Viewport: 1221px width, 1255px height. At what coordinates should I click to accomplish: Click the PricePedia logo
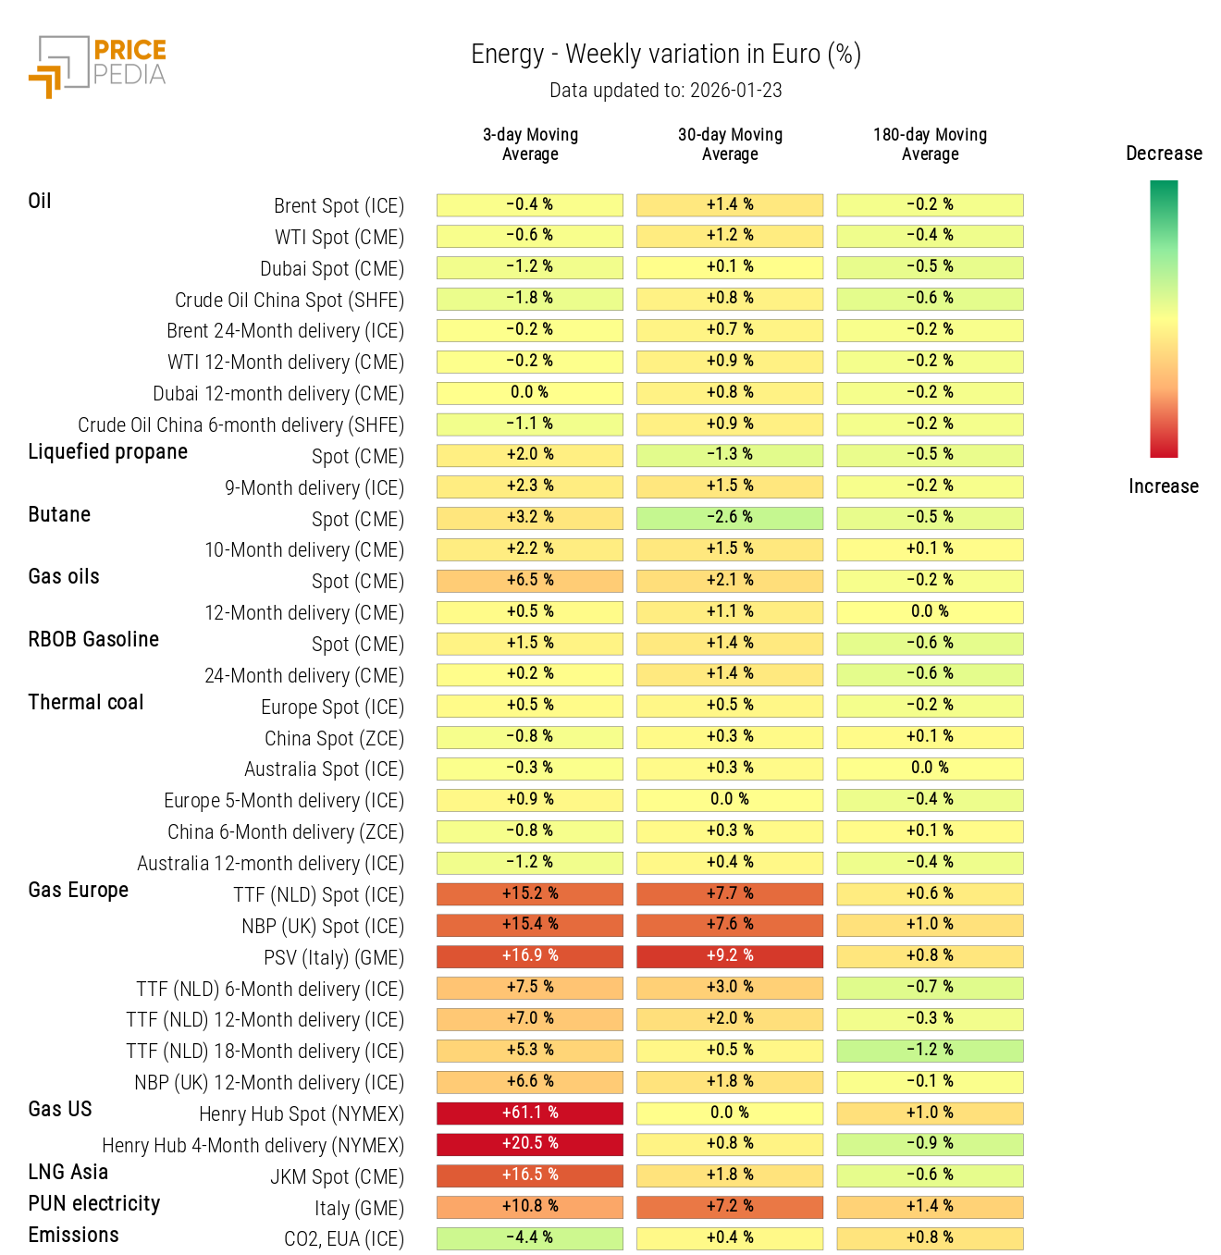coord(97,66)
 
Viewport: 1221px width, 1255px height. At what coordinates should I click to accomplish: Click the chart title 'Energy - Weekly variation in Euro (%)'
coord(665,55)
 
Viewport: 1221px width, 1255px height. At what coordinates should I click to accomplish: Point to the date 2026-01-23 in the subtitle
coord(735,91)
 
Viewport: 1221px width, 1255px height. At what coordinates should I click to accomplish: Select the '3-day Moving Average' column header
coord(530,144)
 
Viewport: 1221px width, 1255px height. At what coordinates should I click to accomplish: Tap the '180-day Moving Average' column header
coord(930,144)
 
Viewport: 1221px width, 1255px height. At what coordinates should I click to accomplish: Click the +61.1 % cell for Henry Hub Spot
coord(530,1113)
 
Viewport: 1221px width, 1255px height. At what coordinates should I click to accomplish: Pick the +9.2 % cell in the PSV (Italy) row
coord(730,956)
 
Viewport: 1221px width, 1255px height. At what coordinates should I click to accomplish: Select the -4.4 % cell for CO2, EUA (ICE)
coord(530,1237)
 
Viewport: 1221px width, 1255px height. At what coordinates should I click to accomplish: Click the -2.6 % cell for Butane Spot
coord(730,518)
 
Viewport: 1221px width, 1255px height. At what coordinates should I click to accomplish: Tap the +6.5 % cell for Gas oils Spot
coord(530,581)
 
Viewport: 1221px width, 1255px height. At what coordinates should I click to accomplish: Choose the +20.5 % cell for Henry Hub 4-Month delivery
coord(530,1144)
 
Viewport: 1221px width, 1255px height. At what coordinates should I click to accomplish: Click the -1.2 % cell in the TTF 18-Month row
coord(930,1051)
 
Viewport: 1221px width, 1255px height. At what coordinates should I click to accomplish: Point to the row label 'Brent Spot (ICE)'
coord(339,206)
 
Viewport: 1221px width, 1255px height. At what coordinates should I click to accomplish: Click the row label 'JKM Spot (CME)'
coord(337,1177)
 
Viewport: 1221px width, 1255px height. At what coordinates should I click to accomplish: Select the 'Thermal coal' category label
coord(86,703)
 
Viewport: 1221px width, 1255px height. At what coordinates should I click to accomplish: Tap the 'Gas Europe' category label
coord(79,891)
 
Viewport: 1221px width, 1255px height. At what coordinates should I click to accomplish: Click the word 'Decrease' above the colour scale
coord(1164,154)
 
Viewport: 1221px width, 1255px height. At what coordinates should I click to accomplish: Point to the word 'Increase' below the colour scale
coord(1163,486)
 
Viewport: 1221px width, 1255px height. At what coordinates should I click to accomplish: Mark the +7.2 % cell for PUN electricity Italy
coord(730,1207)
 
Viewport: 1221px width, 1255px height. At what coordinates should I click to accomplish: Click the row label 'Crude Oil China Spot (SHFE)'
coord(290,301)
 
